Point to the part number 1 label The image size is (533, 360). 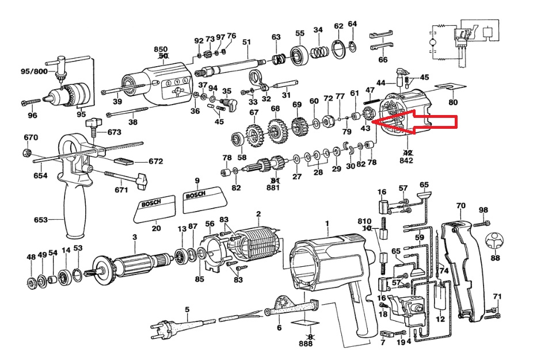click(x=327, y=223)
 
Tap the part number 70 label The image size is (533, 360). click(x=460, y=205)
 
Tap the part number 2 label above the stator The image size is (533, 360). click(x=258, y=215)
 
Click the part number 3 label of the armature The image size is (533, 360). click(x=135, y=236)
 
